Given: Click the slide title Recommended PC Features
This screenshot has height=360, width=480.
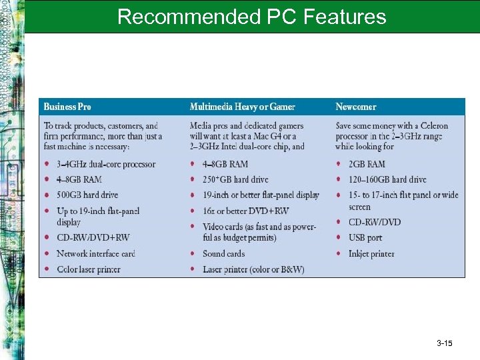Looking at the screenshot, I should [251, 17].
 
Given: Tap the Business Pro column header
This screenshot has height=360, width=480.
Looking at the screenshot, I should [67, 107].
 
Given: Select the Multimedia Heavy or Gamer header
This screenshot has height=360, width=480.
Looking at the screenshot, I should [242, 107].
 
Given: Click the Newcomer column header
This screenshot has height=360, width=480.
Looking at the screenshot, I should [355, 107].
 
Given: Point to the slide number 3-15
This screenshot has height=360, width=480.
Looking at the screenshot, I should [445, 343].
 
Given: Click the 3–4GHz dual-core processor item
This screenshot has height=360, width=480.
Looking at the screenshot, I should [105, 164].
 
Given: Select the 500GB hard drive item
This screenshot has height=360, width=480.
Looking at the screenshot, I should [87, 195].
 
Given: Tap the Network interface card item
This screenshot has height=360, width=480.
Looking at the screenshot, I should [95, 253].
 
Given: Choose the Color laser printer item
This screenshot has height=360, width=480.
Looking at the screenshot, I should [88, 269].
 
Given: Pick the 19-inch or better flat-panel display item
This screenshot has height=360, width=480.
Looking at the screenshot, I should [261, 195].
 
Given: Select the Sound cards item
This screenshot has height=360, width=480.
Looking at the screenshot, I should [223, 253].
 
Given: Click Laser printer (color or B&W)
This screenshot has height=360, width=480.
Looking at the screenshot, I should [253, 269].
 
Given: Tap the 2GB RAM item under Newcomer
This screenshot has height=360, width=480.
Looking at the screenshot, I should [367, 164].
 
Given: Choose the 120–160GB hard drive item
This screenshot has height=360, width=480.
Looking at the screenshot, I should [387, 179].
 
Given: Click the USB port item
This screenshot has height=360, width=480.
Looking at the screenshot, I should [365, 237].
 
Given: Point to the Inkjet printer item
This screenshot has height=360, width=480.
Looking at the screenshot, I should [371, 253].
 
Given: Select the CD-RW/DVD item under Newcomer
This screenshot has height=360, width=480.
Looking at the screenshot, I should [375, 222].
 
